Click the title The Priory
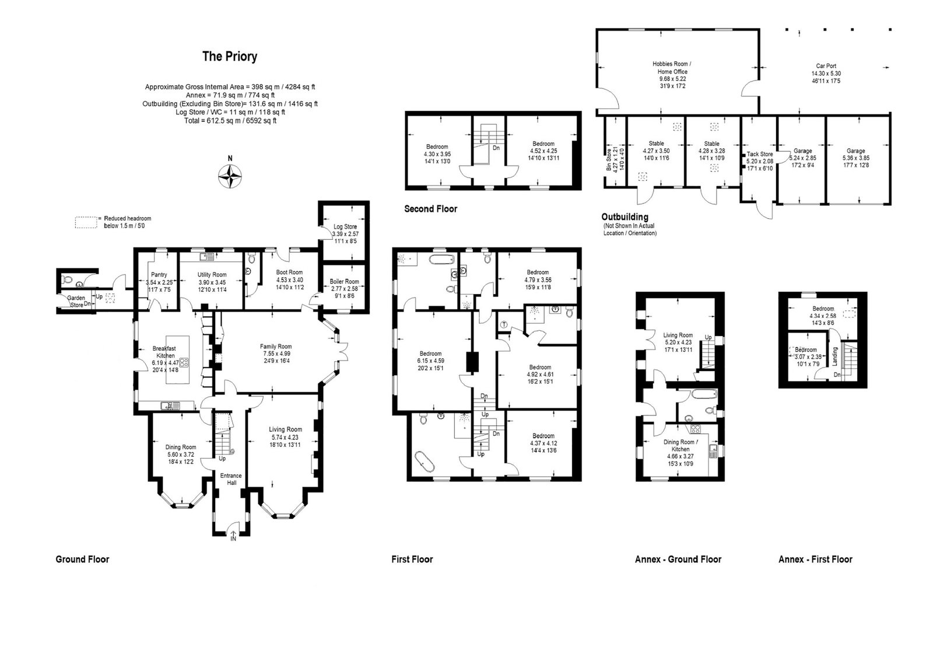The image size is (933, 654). point(230,56)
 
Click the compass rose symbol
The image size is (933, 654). point(230,176)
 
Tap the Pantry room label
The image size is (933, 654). point(159,275)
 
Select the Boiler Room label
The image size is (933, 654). point(344,281)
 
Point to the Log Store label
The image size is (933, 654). point(345,227)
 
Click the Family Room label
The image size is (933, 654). point(276,347)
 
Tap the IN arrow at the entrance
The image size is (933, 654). point(233,536)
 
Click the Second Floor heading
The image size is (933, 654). point(431,209)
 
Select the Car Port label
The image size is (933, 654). point(826,66)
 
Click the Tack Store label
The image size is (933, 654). point(760,154)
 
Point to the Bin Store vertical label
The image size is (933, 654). point(609,160)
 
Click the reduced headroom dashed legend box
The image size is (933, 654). point(86,222)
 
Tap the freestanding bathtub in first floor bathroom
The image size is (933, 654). point(425,461)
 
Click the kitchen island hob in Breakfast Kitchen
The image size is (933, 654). point(184,363)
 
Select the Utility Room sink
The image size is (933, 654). point(206,256)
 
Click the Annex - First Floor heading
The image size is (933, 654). point(816,559)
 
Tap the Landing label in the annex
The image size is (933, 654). point(834,357)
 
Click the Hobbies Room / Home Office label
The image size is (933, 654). point(672,68)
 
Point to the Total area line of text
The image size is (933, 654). point(230,121)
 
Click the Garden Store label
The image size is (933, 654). point(76,302)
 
